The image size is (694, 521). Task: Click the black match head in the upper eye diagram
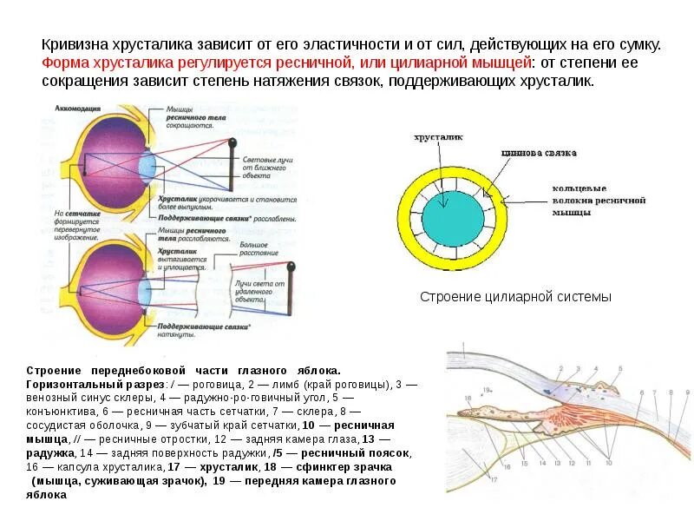[x=232, y=142]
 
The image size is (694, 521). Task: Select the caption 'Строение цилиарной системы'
[x=515, y=297]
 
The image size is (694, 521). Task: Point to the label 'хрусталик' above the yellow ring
[x=438, y=137]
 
